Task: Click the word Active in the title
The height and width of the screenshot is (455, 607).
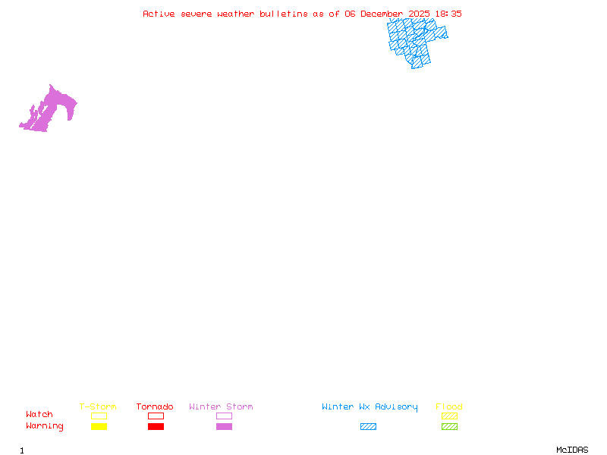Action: click(x=158, y=14)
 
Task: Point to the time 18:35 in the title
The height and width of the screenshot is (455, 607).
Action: click(x=448, y=14)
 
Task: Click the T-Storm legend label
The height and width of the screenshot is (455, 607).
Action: click(x=98, y=407)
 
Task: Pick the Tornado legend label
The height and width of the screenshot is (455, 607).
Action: click(x=155, y=407)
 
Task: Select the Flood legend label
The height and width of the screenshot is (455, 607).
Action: click(x=449, y=407)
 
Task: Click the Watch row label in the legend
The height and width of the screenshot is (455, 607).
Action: click(x=39, y=415)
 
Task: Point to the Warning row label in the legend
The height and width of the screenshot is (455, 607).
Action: click(x=45, y=426)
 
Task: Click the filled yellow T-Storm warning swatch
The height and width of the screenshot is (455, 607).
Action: click(x=99, y=427)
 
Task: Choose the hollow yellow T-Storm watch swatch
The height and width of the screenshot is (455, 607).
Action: click(x=99, y=416)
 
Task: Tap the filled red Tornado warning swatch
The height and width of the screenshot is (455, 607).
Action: click(x=156, y=427)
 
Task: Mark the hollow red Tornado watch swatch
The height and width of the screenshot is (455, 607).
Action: click(x=156, y=416)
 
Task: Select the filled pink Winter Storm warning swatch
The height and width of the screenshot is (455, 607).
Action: click(x=224, y=427)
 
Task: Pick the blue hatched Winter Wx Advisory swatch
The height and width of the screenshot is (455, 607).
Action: click(x=368, y=427)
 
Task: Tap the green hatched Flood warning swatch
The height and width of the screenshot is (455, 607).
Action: click(x=449, y=427)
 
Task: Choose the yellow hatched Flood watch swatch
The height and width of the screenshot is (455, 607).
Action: click(x=449, y=416)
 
